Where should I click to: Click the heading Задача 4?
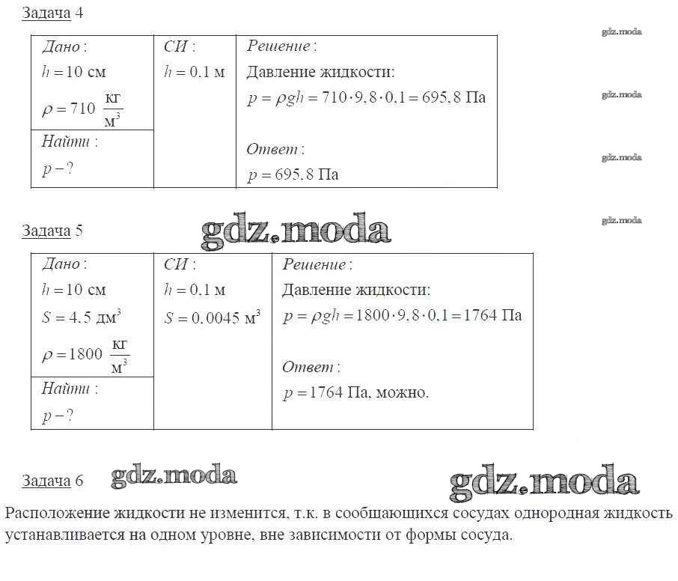pyautogui.click(x=52, y=13)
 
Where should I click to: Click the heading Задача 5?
pyautogui.click(x=52, y=231)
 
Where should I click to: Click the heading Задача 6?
pyautogui.click(x=52, y=481)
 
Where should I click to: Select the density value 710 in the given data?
pyautogui.click(x=82, y=109)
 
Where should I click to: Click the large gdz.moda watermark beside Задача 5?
pyautogui.click(x=296, y=230)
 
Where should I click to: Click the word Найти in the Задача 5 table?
pyautogui.click(x=66, y=389)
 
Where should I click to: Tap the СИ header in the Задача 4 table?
pyautogui.click(x=179, y=46)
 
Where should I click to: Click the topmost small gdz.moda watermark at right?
pyautogui.click(x=621, y=31)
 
